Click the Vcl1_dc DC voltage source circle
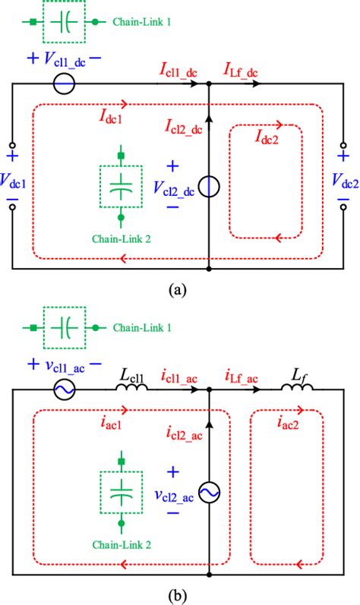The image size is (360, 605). (x=65, y=84)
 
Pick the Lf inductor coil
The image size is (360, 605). (x=298, y=389)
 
